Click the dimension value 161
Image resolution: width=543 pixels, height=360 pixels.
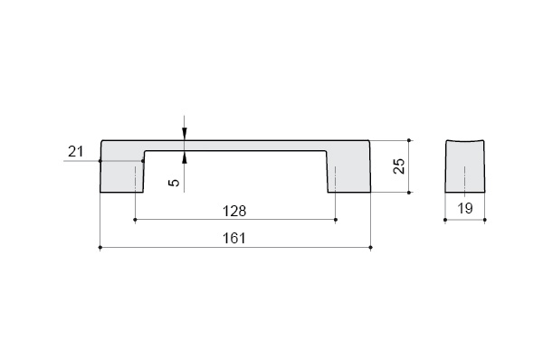[234, 238]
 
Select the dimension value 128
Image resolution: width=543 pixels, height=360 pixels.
[234, 211]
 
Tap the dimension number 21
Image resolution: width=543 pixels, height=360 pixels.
[75, 152]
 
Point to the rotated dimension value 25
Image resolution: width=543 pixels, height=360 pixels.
[399, 166]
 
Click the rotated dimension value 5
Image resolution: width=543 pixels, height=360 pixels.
[175, 182]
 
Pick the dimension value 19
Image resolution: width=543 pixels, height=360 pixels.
[465, 208]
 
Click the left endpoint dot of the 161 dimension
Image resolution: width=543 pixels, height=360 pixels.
[100, 248]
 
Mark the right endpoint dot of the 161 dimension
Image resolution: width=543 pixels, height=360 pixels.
[371, 248]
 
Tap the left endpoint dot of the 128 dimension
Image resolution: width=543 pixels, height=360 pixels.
[135, 220]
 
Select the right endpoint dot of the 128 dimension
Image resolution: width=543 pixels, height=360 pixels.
[336, 220]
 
